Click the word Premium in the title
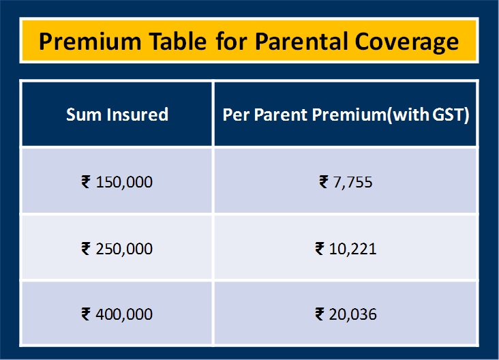click(90, 42)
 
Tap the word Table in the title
click(178, 42)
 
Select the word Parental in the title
click(301, 42)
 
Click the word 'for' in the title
click(231, 42)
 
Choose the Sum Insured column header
click(117, 115)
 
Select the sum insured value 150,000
click(124, 183)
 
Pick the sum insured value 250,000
click(124, 249)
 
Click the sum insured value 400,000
click(124, 314)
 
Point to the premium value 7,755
click(352, 183)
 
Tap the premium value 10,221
click(352, 249)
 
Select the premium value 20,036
click(352, 314)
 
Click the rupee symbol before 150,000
click(86, 182)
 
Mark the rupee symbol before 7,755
click(323, 182)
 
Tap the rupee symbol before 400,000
click(86, 314)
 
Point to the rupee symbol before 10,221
click(320, 248)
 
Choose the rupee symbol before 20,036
click(320, 314)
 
